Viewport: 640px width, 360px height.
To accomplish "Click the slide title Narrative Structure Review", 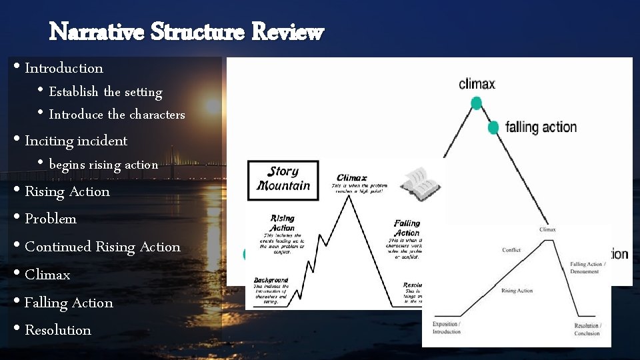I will [x=187, y=31].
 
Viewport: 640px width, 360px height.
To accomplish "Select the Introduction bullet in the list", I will [x=63, y=68].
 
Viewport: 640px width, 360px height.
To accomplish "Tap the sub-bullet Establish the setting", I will [x=105, y=92].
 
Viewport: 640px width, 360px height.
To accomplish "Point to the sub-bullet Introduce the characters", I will [x=117, y=115].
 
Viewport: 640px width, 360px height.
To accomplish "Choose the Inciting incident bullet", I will [x=75, y=141].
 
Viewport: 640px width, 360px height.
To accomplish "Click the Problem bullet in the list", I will [x=50, y=219].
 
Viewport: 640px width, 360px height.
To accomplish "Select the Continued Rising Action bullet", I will [x=102, y=247].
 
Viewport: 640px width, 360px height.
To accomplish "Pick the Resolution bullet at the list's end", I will [x=57, y=330].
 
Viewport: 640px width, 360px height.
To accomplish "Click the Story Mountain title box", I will [x=283, y=179].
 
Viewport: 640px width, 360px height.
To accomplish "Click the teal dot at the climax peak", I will [x=476, y=103].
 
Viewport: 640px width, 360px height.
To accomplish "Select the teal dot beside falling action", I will [x=493, y=127].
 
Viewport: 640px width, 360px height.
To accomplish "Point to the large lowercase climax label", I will [x=477, y=84].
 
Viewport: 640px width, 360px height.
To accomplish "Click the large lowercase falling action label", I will [x=541, y=127].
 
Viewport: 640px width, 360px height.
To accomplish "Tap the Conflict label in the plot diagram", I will [x=511, y=250].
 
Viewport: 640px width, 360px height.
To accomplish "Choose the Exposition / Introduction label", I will [x=446, y=327].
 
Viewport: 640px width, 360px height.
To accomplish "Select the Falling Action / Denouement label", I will [x=587, y=268].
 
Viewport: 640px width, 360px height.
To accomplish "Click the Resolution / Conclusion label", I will [x=587, y=329].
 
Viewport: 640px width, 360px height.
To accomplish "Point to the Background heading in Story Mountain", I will [x=271, y=280].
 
